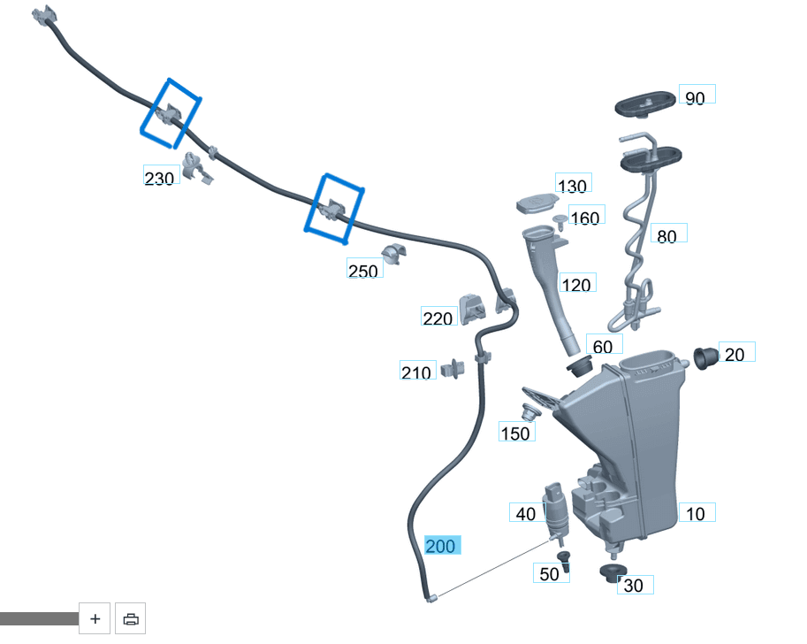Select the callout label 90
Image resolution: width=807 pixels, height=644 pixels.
pyautogui.click(x=696, y=97)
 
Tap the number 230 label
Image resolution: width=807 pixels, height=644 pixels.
pyautogui.click(x=160, y=179)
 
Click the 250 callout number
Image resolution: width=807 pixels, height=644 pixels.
pyautogui.click(x=363, y=271)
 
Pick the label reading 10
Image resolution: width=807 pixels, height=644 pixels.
pyautogui.click(x=696, y=513)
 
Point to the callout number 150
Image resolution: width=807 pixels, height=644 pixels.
pyautogui.click(x=515, y=433)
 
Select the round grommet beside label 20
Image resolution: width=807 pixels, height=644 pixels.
pyautogui.click(x=704, y=358)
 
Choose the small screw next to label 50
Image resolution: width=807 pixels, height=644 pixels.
pyautogui.click(x=565, y=560)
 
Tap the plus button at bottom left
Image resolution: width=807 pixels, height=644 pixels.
pyautogui.click(x=95, y=619)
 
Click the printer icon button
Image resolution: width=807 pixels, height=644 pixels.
pyautogui.click(x=131, y=619)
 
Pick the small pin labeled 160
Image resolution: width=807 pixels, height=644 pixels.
pyautogui.click(x=560, y=219)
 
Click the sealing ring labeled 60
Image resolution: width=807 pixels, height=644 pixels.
pyautogui.click(x=580, y=364)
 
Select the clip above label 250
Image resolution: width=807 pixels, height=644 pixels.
pyautogui.click(x=392, y=255)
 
